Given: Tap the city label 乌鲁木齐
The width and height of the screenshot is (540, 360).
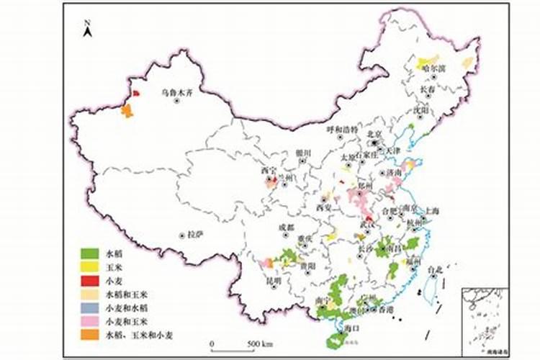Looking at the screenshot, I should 176,91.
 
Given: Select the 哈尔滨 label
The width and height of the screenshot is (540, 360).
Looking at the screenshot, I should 433,68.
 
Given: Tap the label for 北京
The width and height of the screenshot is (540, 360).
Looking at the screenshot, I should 374,133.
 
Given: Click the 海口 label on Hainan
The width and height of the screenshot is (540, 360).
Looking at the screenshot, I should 352,328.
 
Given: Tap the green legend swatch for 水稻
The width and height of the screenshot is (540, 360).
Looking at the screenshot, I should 89,253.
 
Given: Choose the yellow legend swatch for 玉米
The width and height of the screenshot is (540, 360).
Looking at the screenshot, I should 89,267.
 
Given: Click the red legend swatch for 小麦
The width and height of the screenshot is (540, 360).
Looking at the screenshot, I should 89,281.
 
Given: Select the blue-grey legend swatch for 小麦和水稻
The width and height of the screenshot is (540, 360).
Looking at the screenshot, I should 89,308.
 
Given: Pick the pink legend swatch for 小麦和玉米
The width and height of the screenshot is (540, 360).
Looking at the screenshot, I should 89,322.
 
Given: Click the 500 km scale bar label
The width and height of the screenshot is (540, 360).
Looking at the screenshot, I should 258,343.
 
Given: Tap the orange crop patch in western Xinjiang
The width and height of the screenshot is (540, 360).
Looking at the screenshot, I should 127,110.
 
